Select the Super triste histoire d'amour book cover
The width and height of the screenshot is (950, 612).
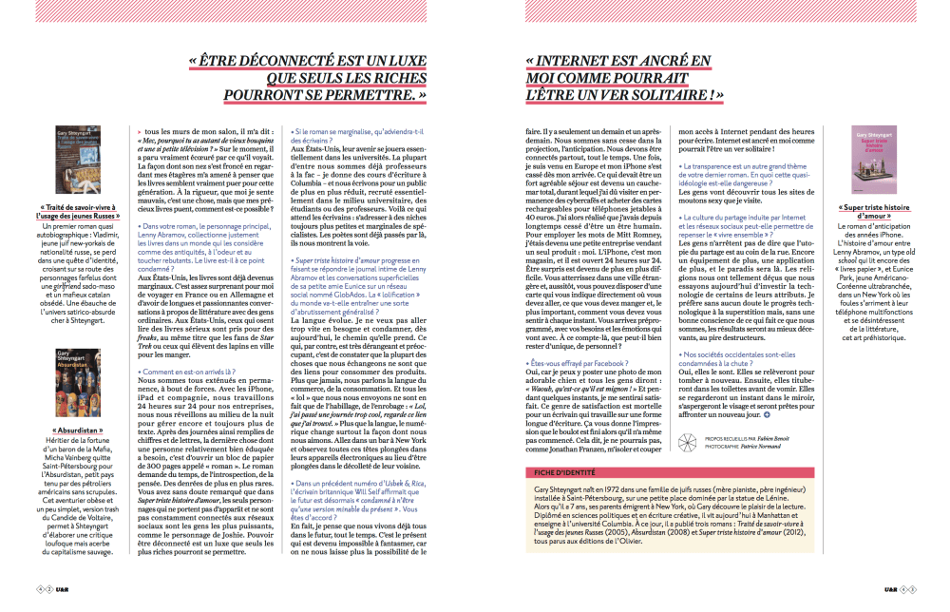(x=864, y=161)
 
